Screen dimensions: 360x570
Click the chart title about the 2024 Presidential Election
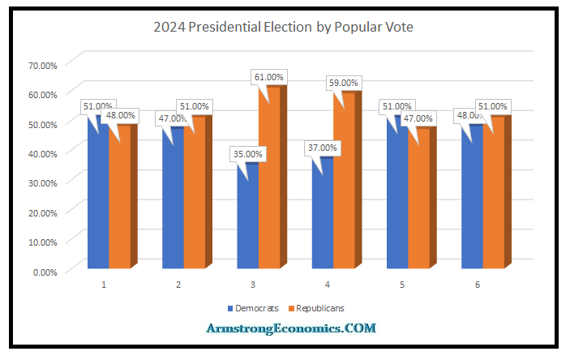pyautogui.click(x=284, y=27)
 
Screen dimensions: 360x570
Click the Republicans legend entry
pyautogui.click(x=319, y=308)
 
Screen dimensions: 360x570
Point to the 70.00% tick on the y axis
pyautogui.click(x=43, y=64)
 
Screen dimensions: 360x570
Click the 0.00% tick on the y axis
pyautogui.click(x=45, y=272)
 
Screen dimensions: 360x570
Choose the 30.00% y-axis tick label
pyautogui.click(x=43, y=182)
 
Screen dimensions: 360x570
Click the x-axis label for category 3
pyautogui.click(x=254, y=285)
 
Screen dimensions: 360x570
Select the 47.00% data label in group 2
pyautogui.click(x=173, y=118)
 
